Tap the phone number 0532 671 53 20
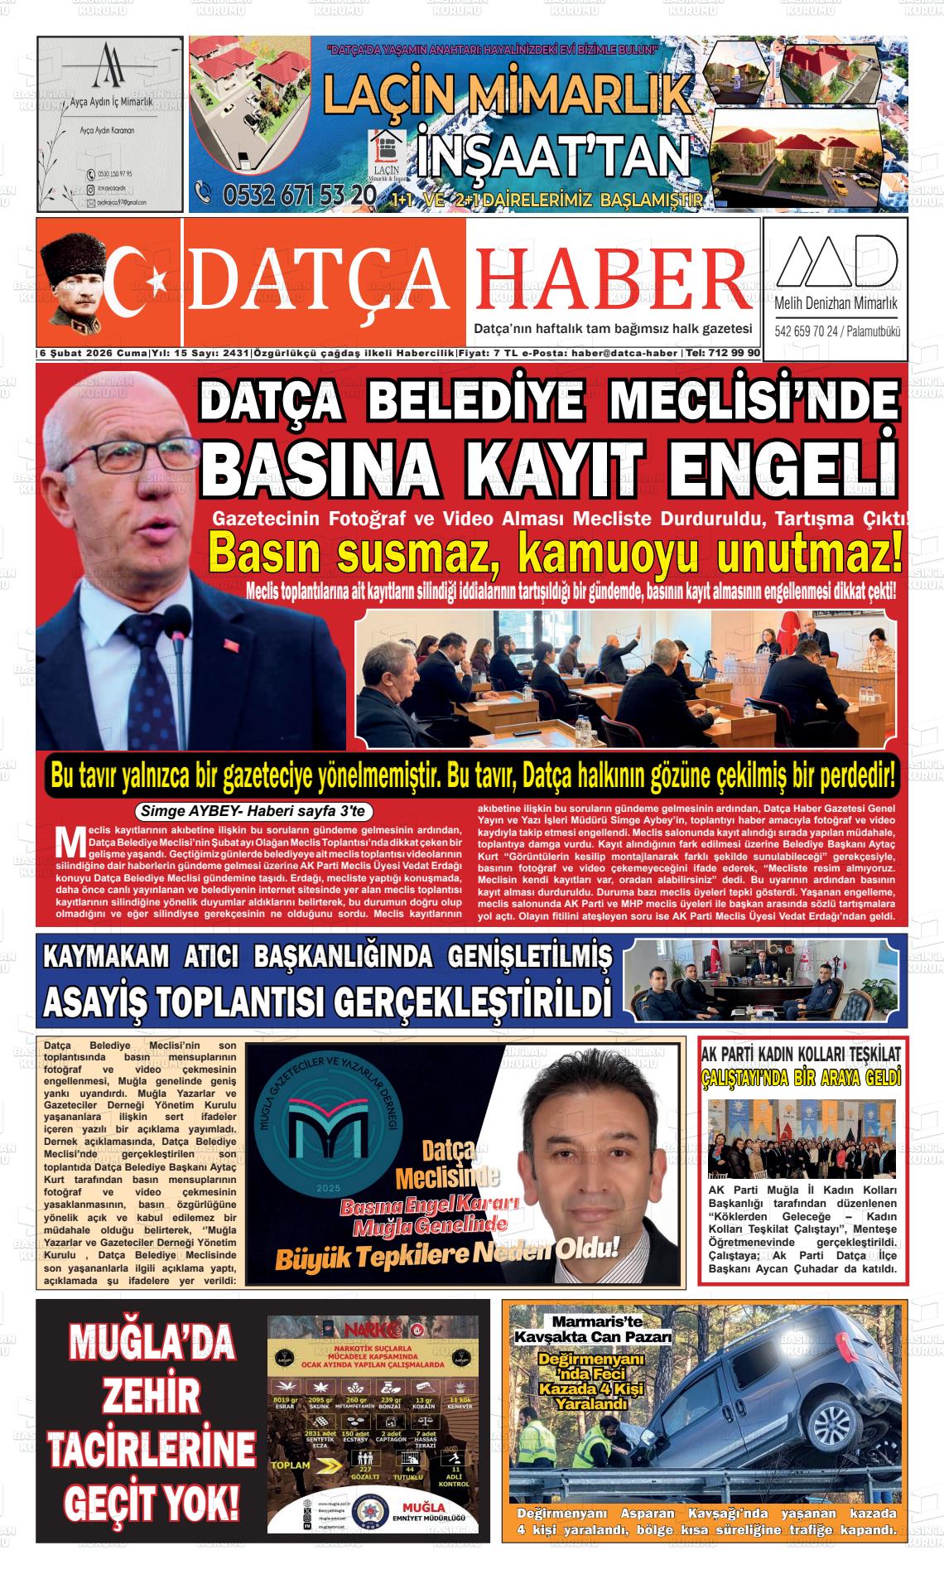(x=298, y=196)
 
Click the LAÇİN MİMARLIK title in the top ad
(x=505, y=94)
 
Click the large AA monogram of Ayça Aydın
(x=108, y=65)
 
